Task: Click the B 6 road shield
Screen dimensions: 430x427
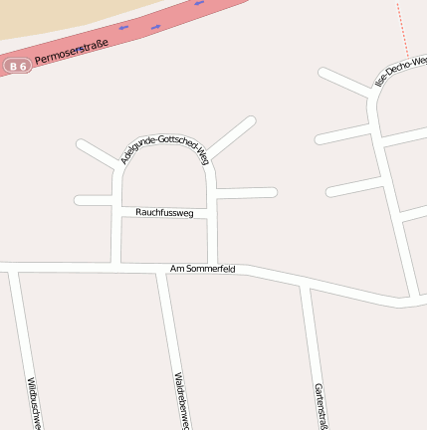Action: pos(17,66)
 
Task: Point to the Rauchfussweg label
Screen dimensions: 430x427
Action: pos(164,212)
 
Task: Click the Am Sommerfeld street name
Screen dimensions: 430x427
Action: pos(202,269)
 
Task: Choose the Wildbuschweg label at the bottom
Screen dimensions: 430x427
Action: pos(34,402)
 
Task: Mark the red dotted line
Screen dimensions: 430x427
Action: pos(402,30)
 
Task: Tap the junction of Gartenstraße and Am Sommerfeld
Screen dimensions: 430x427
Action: pos(307,287)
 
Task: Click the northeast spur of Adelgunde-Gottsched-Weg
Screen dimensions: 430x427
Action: pos(234,135)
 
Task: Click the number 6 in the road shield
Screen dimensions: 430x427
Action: pos(23,66)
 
